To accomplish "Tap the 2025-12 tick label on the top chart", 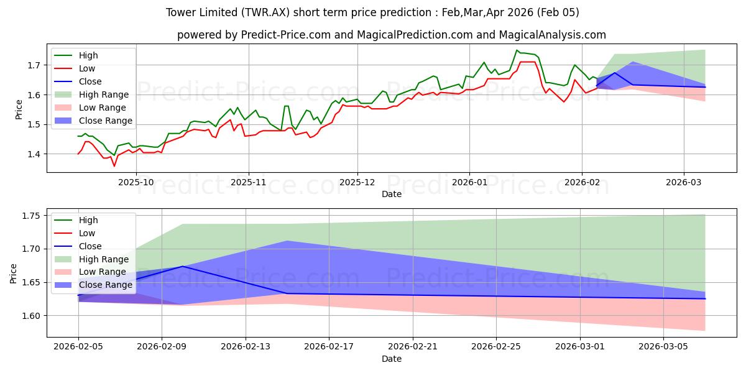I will [357, 182].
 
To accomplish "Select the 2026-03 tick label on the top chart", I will [684, 182].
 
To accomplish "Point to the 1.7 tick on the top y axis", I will [34, 65].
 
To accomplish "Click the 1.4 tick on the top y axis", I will [34, 154].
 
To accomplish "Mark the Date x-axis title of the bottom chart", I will [392, 359].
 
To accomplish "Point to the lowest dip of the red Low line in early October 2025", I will [114, 166].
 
